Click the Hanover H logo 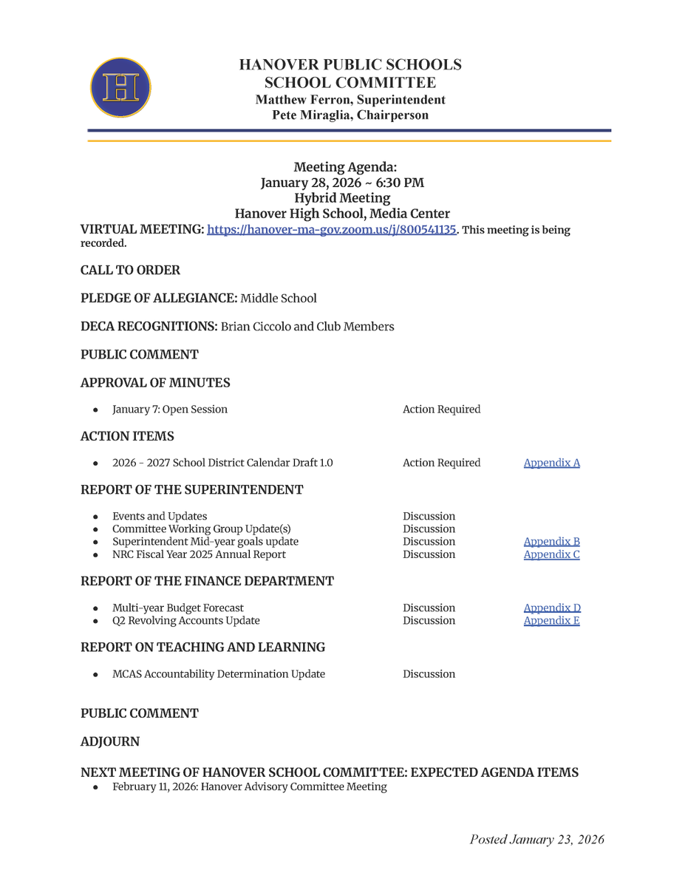click(x=120, y=88)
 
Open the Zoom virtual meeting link click(x=332, y=230)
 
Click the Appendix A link click(x=551, y=463)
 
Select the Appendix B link click(x=551, y=542)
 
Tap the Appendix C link click(x=551, y=554)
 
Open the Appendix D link click(x=551, y=608)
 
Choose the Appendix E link click(x=551, y=621)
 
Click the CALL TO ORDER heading click(x=130, y=271)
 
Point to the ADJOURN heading click(x=109, y=741)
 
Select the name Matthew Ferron click(x=299, y=100)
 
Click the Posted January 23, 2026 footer click(x=536, y=839)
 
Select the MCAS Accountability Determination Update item click(x=218, y=674)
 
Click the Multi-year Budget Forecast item click(x=177, y=608)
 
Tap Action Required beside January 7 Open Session click(x=441, y=409)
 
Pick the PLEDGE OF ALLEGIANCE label click(x=158, y=299)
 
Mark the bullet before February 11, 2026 click(x=96, y=787)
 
